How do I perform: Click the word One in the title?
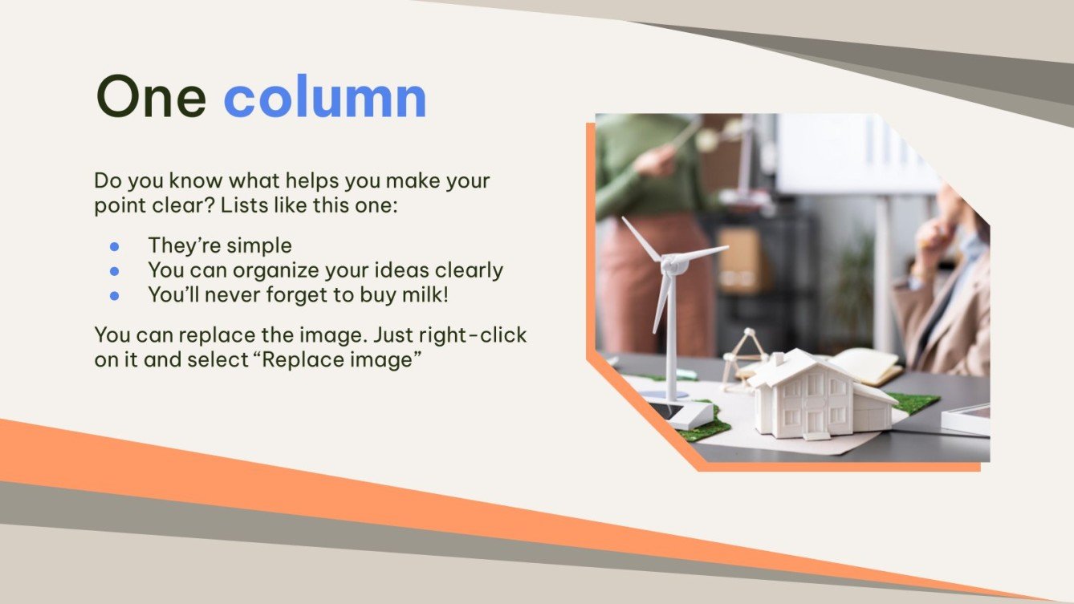click(151, 97)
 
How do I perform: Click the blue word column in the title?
click(324, 97)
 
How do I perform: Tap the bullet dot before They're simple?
click(114, 245)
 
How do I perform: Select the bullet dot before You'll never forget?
click(114, 295)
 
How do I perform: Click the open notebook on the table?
click(867, 365)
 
